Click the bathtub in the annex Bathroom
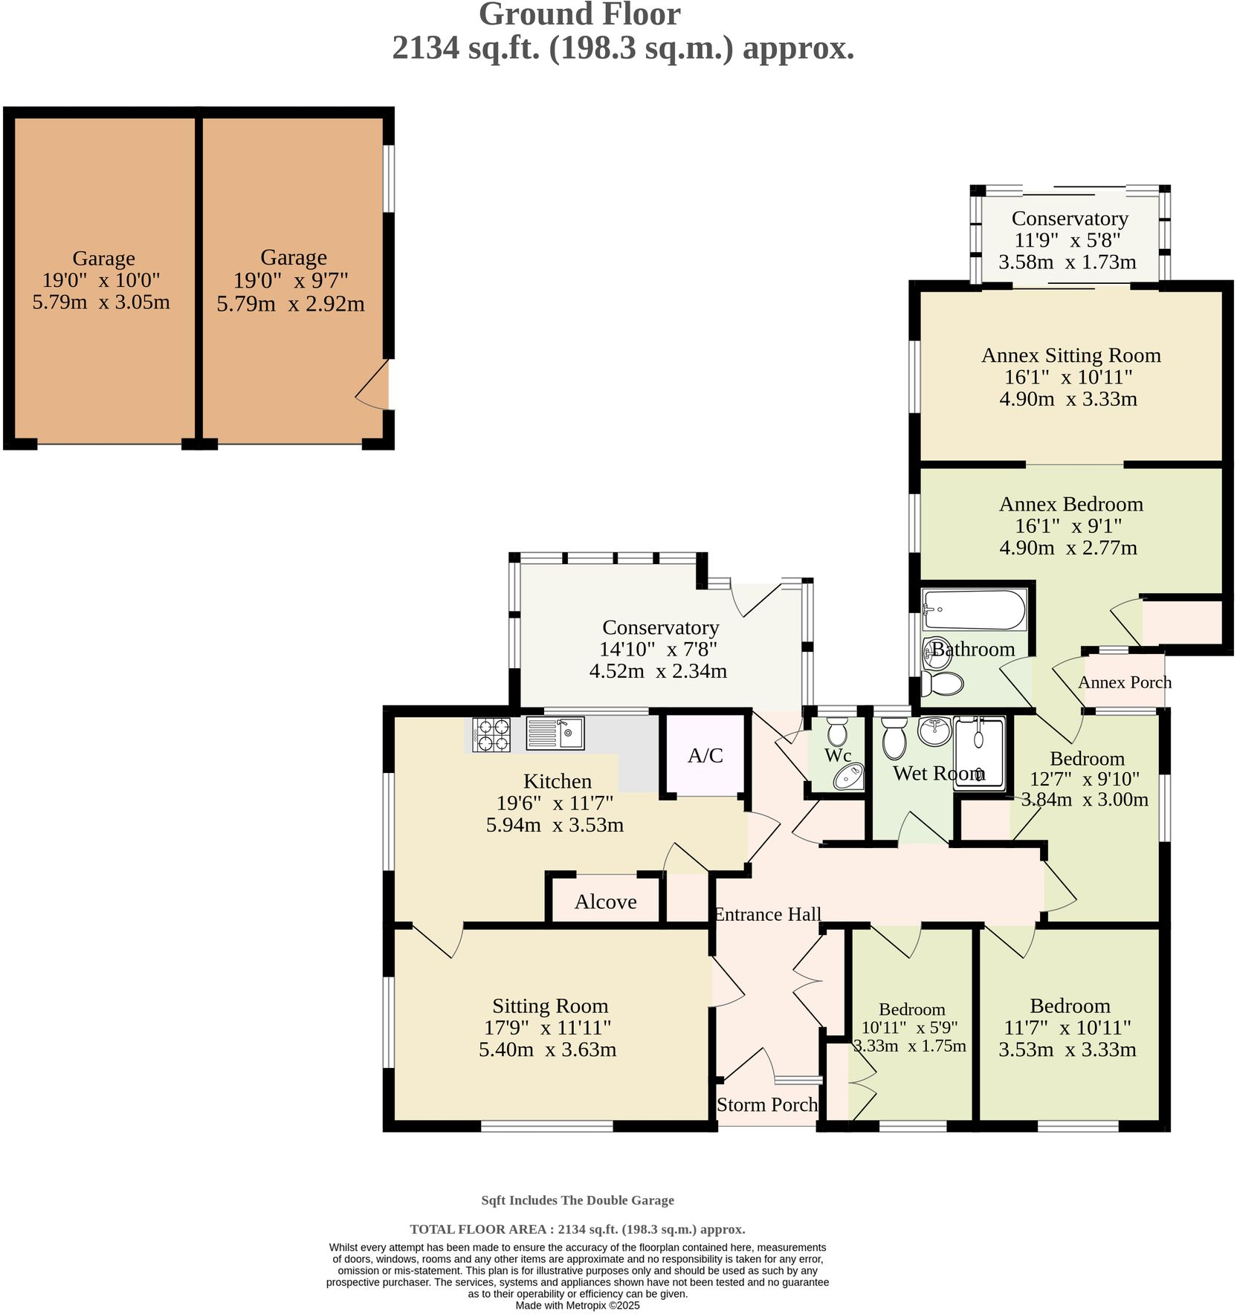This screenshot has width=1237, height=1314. pos(974,609)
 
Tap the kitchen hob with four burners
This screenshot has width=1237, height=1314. pos(491,734)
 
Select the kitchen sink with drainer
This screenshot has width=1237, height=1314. pos(555,733)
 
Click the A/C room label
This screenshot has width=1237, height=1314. pos(705,756)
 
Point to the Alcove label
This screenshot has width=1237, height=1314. pos(605,902)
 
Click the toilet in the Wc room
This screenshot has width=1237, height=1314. pos(837,731)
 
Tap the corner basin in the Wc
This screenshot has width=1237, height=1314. pos(848,777)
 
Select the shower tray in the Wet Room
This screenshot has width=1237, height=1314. pos(979,752)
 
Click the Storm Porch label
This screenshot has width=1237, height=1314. pos(766,1104)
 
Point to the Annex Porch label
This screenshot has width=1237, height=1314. pos(1124,682)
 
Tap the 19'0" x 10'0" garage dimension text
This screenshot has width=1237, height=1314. pos(101,280)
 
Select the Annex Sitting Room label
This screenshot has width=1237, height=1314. pos(1070,355)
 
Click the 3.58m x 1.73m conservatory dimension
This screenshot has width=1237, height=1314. pos(1067,262)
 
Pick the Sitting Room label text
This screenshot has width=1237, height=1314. pos(549,1006)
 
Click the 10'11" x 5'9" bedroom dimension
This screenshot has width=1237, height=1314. pos(909,1028)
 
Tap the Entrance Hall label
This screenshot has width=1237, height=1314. pos(767,914)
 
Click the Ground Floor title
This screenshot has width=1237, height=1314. pos(579,15)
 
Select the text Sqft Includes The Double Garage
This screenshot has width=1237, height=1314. pos(577,1200)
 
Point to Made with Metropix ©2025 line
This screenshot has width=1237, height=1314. pos(577,1305)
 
